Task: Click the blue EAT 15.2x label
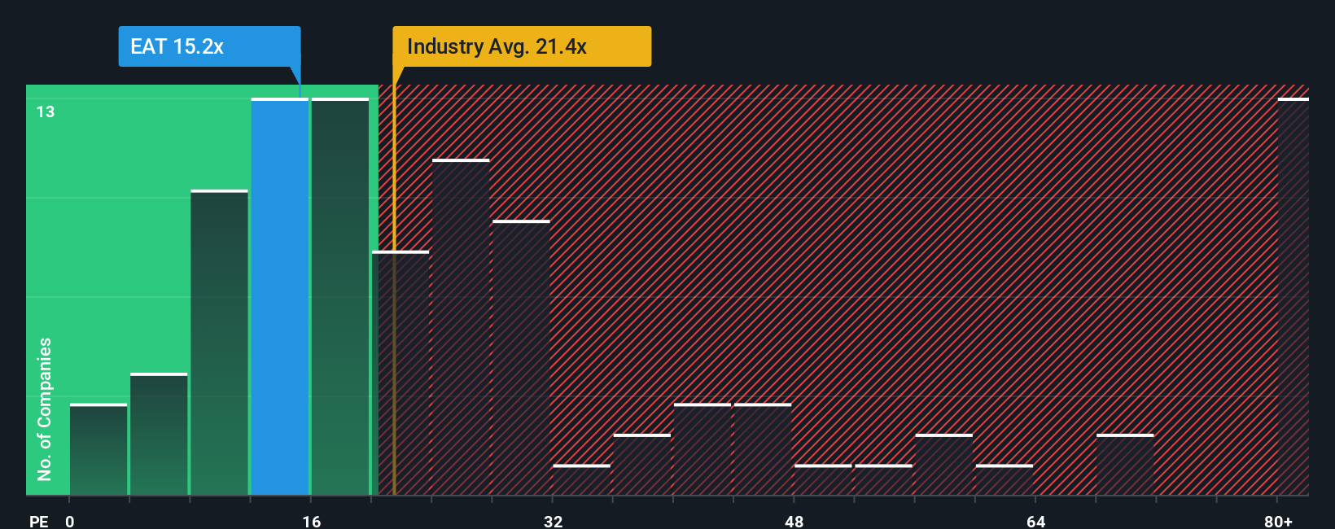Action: point(209,46)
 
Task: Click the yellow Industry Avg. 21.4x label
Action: point(521,46)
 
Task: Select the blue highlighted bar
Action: point(279,297)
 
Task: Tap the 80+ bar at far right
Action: point(1293,297)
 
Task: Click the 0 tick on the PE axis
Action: point(70,521)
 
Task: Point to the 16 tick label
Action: point(311,521)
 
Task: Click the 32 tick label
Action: point(553,521)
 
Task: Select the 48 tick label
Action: point(794,521)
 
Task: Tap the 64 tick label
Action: point(1035,521)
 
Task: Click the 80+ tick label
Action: point(1278,521)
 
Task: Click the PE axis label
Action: point(38,521)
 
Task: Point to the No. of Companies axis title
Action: point(45,409)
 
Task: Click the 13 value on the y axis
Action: point(46,111)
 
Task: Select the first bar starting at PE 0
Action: point(98,449)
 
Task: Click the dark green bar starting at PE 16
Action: point(340,297)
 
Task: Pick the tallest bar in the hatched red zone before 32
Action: point(461,327)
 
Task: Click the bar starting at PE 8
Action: point(219,343)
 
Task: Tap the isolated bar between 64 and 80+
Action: point(1125,465)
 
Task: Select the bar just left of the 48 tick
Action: point(763,449)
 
